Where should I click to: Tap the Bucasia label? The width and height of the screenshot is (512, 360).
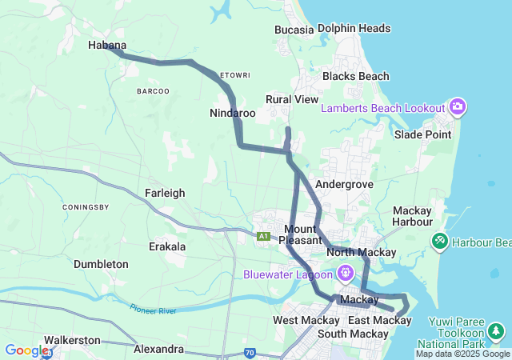tap(294, 30)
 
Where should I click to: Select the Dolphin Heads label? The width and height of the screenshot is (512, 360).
tap(354, 28)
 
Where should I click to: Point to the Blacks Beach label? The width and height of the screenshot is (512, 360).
tap(355, 76)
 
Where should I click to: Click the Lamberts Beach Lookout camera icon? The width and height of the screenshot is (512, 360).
tap(458, 106)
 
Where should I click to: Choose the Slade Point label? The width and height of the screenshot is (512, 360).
tap(422, 134)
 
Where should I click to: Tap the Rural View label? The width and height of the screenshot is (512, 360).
tap(292, 99)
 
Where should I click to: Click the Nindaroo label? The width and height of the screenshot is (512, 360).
tap(233, 113)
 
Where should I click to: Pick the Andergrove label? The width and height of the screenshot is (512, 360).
tap(345, 184)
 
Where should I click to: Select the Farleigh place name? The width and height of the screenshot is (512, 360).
tap(165, 193)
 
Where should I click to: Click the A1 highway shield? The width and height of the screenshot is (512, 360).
tap(263, 236)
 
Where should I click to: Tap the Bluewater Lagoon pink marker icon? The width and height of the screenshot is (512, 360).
tap(346, 273)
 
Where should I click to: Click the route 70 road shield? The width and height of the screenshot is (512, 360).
tap(250, 351)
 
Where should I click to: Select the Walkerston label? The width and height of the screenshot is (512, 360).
tap(72, 340)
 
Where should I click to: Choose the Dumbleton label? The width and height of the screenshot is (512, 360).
tap(101, 264)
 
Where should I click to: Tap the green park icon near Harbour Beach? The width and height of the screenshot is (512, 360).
tap(439, 240)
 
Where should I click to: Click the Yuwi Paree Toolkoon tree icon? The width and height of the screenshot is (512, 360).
tap(496, 330)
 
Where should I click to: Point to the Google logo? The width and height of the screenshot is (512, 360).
tap(26, 350)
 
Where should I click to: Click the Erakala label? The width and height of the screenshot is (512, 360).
tap(167, 246)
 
